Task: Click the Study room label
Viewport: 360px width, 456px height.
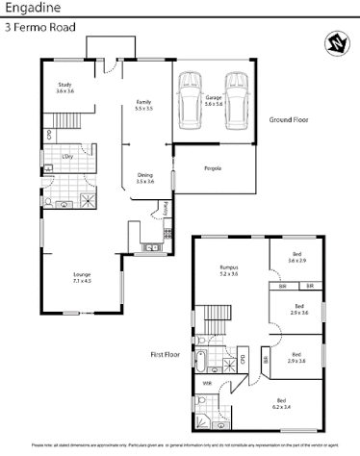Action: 64,88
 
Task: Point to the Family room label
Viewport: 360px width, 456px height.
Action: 143,106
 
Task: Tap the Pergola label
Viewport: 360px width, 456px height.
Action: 213,168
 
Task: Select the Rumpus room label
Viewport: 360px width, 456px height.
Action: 229,270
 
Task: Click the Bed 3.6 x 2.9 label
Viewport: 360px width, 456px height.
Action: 297,258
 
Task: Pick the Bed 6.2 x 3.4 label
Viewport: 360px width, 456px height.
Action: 281,403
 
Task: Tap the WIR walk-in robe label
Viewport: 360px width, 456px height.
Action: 207,383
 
